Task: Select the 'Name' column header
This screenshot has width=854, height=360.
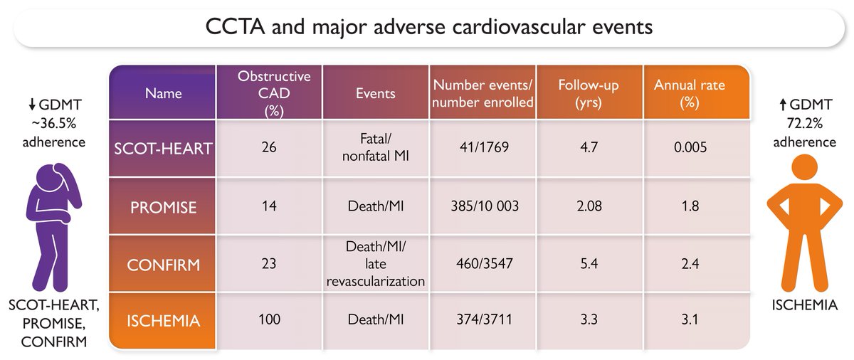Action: (163, 93)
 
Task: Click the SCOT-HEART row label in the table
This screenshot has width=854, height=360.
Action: (163, 149)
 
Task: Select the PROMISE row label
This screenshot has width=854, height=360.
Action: (163, 206)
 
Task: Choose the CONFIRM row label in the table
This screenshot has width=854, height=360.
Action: (163, 264)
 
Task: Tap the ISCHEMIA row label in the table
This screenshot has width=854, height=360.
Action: (163, 321)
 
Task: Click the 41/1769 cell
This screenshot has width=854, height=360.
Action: (483, 149)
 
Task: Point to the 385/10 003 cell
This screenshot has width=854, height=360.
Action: (483, 206)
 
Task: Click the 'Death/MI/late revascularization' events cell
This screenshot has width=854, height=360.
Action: (375, 264)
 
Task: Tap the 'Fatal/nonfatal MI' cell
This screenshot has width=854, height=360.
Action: (375, 149)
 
